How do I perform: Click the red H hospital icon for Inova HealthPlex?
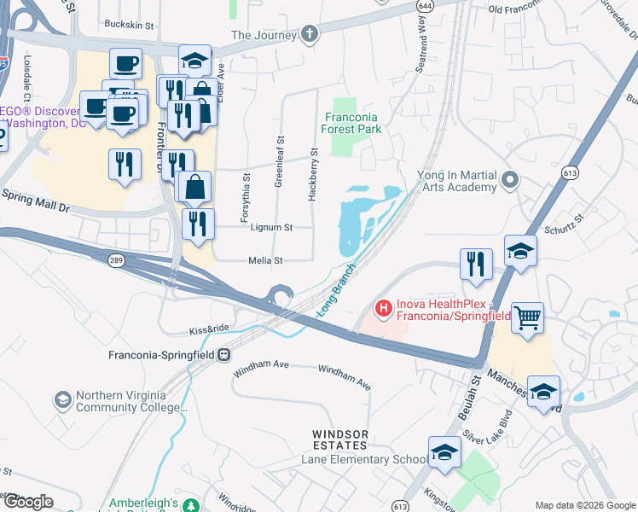[384, 307]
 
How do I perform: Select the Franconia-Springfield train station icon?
[224, 354]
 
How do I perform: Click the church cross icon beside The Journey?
[310, 35]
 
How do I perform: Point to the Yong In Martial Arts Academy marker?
[510, 180]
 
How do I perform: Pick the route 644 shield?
[424, 6]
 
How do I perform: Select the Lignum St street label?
[271, 228]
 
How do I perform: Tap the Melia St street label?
[264, 260]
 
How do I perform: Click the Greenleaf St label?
[279, 160]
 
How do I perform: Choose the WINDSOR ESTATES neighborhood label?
[339, 440]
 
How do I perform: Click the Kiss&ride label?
[209, 329]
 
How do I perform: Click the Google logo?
[28, 502]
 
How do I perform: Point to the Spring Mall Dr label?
[36, 201]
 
